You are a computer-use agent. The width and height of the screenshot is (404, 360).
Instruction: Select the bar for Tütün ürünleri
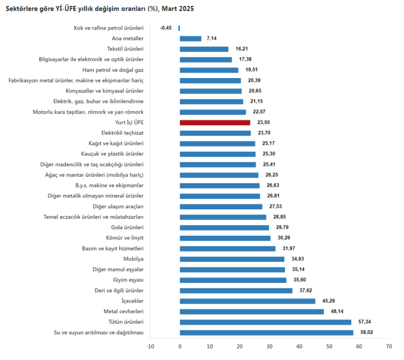(265, 322)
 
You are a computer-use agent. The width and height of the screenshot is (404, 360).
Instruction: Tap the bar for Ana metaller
(190, 39)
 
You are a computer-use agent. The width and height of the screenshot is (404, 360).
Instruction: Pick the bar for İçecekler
(247, 301)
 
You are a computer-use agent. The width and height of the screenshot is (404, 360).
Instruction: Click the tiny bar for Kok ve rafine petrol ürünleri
(179, 28)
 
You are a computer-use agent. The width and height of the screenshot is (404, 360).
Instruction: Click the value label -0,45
(166, 28)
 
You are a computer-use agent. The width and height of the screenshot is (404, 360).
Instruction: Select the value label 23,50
(263, 123)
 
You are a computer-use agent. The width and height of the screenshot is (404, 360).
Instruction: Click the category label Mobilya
(134, 259)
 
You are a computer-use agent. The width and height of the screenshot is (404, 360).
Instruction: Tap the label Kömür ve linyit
(125, 238)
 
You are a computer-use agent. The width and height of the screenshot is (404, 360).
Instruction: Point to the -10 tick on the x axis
(150, 347)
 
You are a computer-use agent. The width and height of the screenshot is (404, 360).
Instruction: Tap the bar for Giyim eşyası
(233, 280)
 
